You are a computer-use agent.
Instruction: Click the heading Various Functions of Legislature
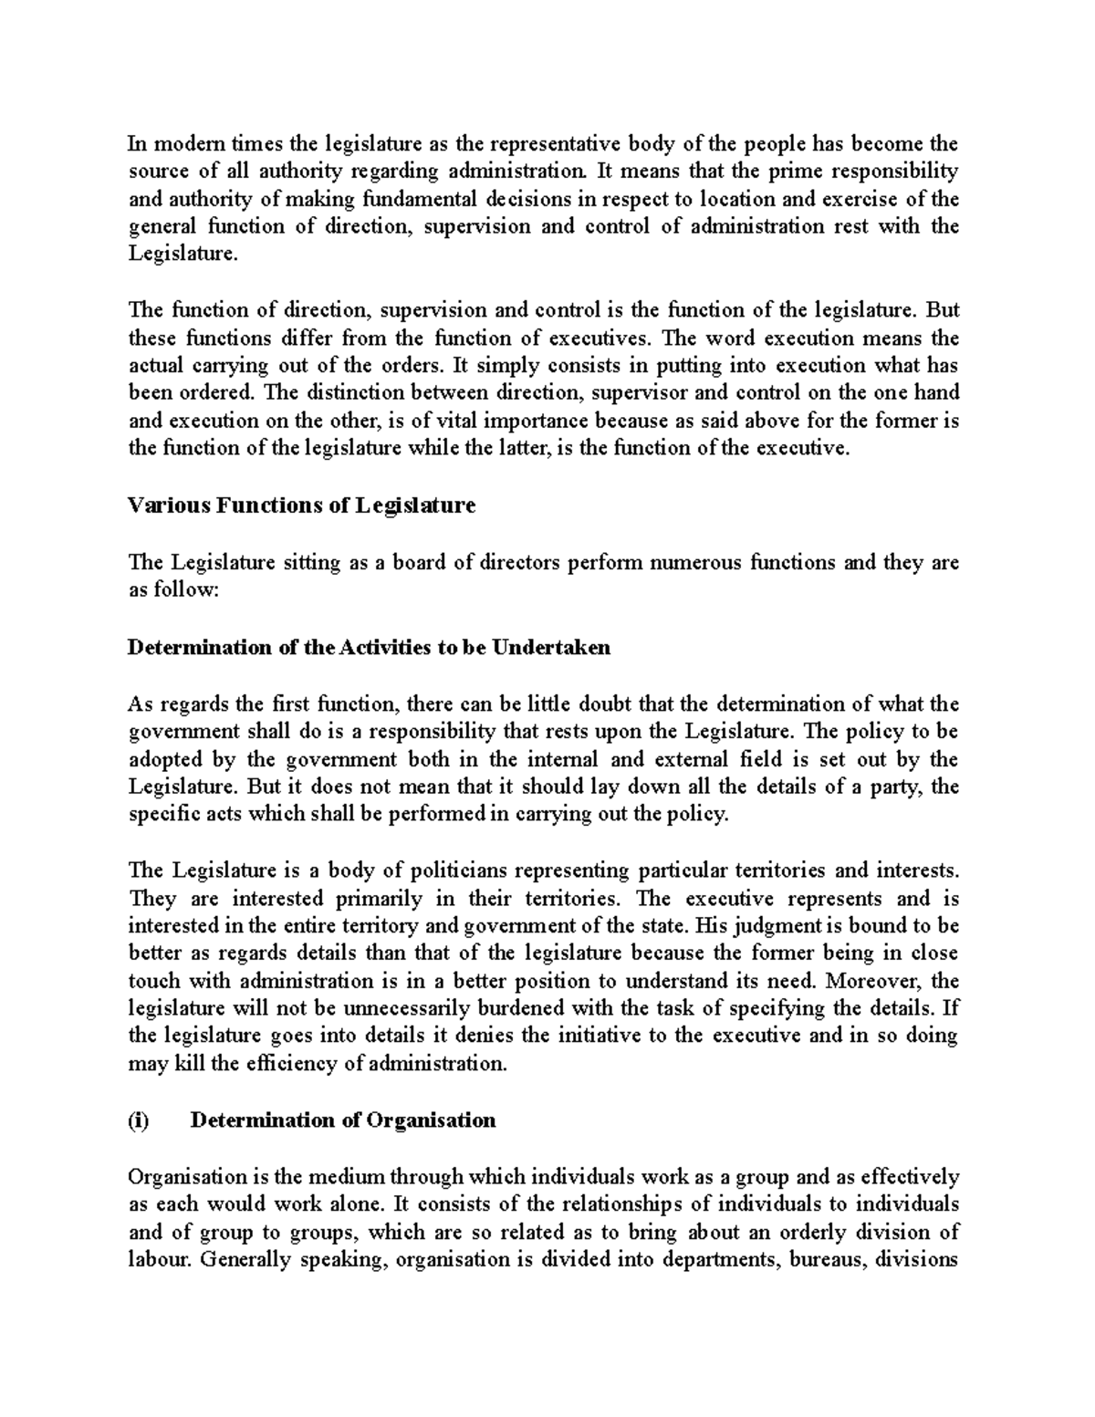pos(301,505)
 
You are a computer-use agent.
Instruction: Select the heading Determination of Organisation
pos(342,1120)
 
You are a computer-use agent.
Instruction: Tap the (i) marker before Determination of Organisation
pos(138,1120)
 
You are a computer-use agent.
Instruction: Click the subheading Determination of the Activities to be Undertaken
pos(369,647)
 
